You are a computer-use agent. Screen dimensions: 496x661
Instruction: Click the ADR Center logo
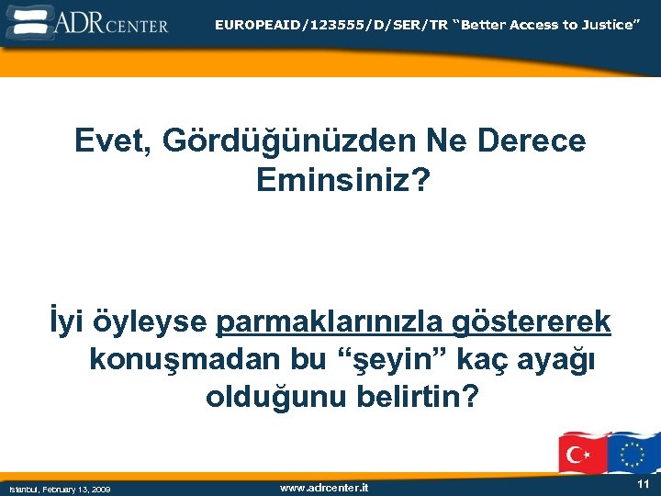87,22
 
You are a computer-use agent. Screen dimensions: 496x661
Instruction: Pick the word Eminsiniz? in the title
343,179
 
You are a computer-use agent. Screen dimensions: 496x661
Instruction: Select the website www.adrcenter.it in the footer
324,487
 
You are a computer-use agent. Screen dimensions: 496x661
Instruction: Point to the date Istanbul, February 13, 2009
60,490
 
